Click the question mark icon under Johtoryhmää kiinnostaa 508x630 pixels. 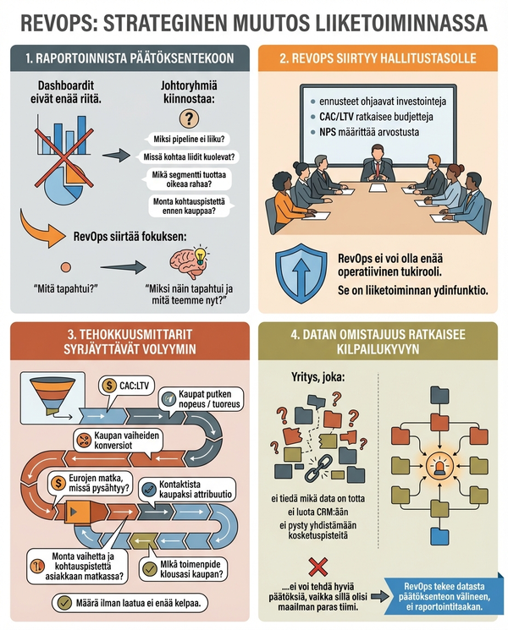click(x=186, y=118)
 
